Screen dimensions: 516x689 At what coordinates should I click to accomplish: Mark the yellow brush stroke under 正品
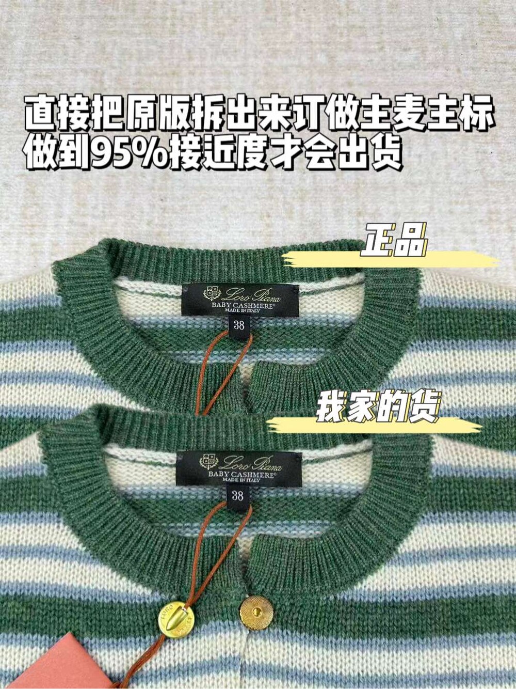click(x=390, y=259)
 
